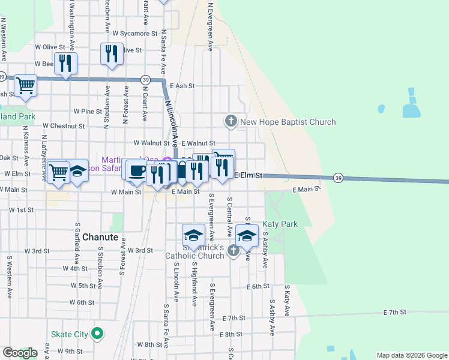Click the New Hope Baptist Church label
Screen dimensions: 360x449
(x=288, y=122)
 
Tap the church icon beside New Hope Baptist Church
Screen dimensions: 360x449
(x=231, y=122)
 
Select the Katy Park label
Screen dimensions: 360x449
(x=280, y=224)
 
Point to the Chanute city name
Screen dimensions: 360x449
(x=99, y=236)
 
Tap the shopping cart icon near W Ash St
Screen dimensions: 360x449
(x=25, y=85)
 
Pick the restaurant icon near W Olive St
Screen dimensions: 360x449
(x=112, y=53)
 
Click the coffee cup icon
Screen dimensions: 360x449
(x=137, y=170)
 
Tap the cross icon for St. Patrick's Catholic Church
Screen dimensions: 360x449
(x=234, y=254)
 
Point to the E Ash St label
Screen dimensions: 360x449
(x=182, y=86)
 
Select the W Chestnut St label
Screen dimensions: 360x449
(x=64, y=126)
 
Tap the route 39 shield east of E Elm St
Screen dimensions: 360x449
(x=339, y=178)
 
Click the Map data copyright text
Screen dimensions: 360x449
(x=411, y=355)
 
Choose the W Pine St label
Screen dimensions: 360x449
(x=88, y=111)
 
